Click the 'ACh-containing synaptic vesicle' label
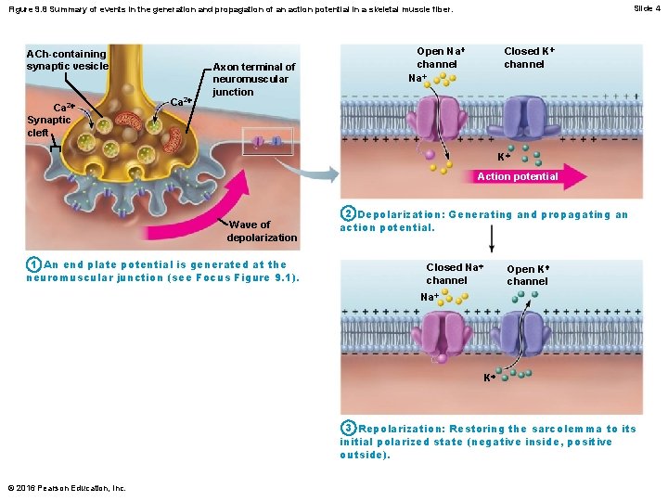(x=67, y=59)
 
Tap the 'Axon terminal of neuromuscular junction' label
(x=253, y=79)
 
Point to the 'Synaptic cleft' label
(x=48, y=126)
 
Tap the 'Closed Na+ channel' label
(x=455, y=274)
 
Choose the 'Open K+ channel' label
(x=527, y=275)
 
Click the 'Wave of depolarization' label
(x=262, y=231)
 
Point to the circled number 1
(x=32, y=265)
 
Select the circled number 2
(x=347, y=214)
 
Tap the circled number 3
(x=347, y=428)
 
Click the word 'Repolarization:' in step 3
(x=401, y=429)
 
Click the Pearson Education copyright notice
(x=65, y=488)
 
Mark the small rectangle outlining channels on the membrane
(x=267, y=141)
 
